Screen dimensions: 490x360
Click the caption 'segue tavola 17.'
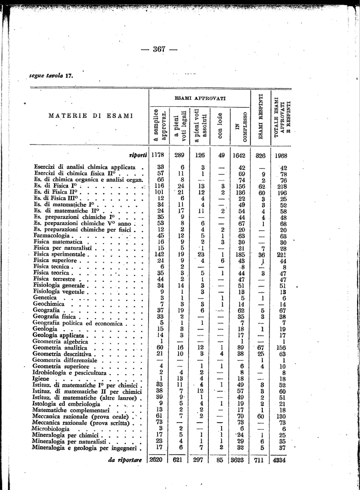(x=51, y=75)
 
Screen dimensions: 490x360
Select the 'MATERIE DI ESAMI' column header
(x=86, y=115)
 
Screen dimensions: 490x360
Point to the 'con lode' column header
(x=219, y=125)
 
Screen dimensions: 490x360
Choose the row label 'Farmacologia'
(x=52, y=235)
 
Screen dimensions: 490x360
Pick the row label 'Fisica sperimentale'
(x=60, y=255)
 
